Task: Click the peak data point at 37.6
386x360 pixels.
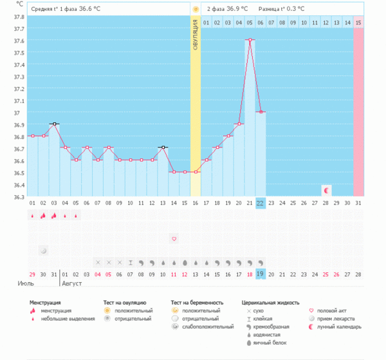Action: [x=250, y=40]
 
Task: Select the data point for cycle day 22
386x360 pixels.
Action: [x=261, y=112]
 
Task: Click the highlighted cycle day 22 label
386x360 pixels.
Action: [x=261, y=203]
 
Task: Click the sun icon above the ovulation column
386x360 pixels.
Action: [x=195, y=9]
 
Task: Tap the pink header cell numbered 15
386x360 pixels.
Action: [x=358, y=23]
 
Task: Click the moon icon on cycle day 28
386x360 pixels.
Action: [x=326, y=191]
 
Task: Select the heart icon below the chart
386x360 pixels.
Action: [x=174, y=239]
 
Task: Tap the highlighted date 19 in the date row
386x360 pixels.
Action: [x=261, y=274]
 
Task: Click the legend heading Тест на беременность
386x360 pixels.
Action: [x=197, y=301]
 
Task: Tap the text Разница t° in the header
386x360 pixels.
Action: [x=271, y=9]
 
